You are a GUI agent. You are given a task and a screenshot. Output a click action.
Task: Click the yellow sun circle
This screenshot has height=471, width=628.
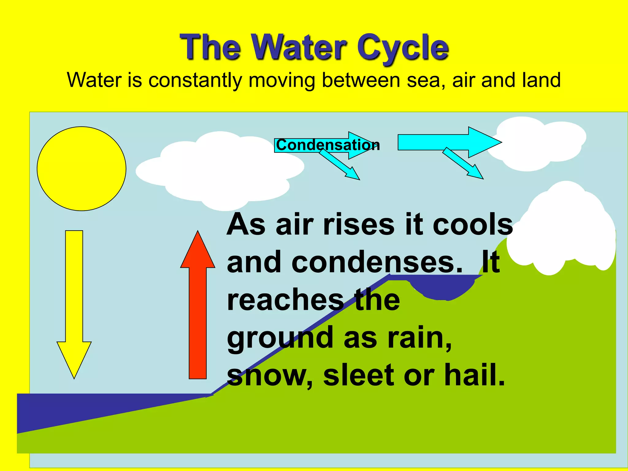[x=81, y=169]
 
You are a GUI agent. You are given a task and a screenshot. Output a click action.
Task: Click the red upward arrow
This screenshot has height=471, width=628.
[x=198, y=307]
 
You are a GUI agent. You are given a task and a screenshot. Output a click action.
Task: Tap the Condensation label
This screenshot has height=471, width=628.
[x=327, y=145]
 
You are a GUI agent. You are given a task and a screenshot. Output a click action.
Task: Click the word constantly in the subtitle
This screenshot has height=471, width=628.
[x=195, y=80]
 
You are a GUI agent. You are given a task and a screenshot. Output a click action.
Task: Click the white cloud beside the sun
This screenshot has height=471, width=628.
[x=219, y=169]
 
